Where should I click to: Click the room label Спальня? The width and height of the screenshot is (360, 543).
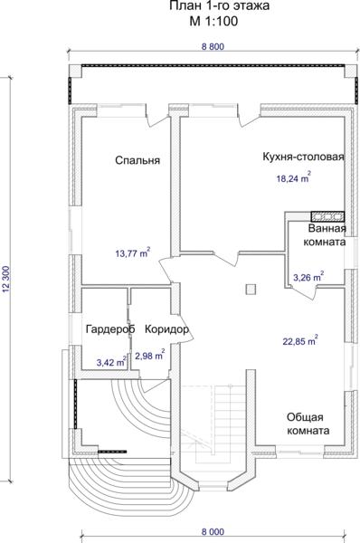coord(137,160)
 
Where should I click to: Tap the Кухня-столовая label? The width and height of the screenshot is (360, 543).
coord(303,157)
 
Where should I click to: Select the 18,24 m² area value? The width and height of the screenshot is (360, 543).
coord(293,177)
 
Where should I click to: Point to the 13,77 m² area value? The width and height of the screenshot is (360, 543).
coord(133,252)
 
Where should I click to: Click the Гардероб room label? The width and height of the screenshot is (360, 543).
coord(110,329)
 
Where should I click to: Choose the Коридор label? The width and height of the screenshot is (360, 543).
coord(166,329)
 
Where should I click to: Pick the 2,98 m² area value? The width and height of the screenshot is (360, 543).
coord(149,355)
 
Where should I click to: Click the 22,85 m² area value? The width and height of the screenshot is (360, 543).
coord(300,341)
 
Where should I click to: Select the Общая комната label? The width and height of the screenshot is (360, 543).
coord(308,424)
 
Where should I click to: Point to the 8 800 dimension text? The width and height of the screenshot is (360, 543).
coord(213,46)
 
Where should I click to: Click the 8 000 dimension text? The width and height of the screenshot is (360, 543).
coord(213,531)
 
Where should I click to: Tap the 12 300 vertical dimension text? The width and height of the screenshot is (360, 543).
coord(6,279)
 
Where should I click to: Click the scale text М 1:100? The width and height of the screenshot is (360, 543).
coord(213,22)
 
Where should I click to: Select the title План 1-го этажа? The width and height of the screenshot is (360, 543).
coord(220,6)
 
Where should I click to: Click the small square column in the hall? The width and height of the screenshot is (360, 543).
coord(251,290)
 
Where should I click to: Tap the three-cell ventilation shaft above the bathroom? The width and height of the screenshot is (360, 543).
coord(327,217)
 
